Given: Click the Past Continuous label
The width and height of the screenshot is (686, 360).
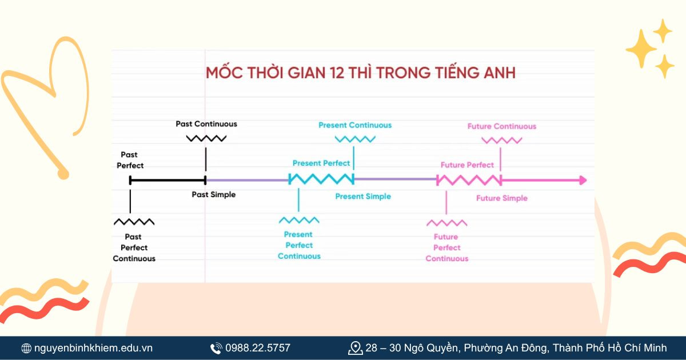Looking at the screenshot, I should click(206, 124).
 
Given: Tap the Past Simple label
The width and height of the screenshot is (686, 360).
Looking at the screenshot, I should click(213, 195).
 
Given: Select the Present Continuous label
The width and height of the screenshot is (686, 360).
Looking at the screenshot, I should click(355, 125).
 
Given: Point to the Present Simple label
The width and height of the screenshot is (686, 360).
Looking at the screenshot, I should click(363, 197).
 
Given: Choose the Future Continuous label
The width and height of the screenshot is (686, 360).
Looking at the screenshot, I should click(502, 126).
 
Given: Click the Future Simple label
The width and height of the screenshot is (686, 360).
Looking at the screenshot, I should click(502, 198).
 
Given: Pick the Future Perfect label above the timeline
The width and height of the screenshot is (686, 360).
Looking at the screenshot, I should click(467, 165).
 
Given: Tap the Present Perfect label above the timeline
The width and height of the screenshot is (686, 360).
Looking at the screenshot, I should click(321, 163).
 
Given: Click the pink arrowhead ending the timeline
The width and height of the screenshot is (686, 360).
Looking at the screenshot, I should click(583, 181).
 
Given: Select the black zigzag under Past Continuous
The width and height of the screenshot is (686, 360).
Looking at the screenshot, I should click(206, 138).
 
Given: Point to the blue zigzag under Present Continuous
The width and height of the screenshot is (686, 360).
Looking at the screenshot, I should click(355, 139).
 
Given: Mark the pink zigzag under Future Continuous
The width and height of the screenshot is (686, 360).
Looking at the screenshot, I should click(501, 140).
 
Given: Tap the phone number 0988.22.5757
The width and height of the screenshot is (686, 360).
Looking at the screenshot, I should click(258, 347).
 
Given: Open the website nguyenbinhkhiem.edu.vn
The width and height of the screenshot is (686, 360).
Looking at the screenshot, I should click(93, 347).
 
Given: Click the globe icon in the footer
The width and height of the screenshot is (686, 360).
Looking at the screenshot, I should click(26, 348).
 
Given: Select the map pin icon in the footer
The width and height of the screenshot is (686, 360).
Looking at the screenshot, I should click(355, 347).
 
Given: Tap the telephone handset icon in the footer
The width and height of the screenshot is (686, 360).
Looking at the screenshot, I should click(216, 348).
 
